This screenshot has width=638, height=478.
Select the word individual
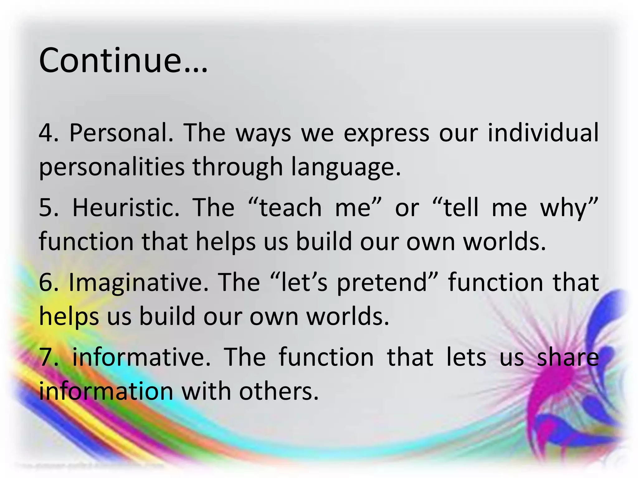(x=543, y=133)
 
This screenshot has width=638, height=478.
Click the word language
(x=346, y=167)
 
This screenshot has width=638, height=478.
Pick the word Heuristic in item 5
(x=126, y=208)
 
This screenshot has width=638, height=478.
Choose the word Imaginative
(x=138, y=283)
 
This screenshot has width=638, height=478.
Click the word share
(x=568, y=357)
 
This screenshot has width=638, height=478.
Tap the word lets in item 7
(x=466, y=357)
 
